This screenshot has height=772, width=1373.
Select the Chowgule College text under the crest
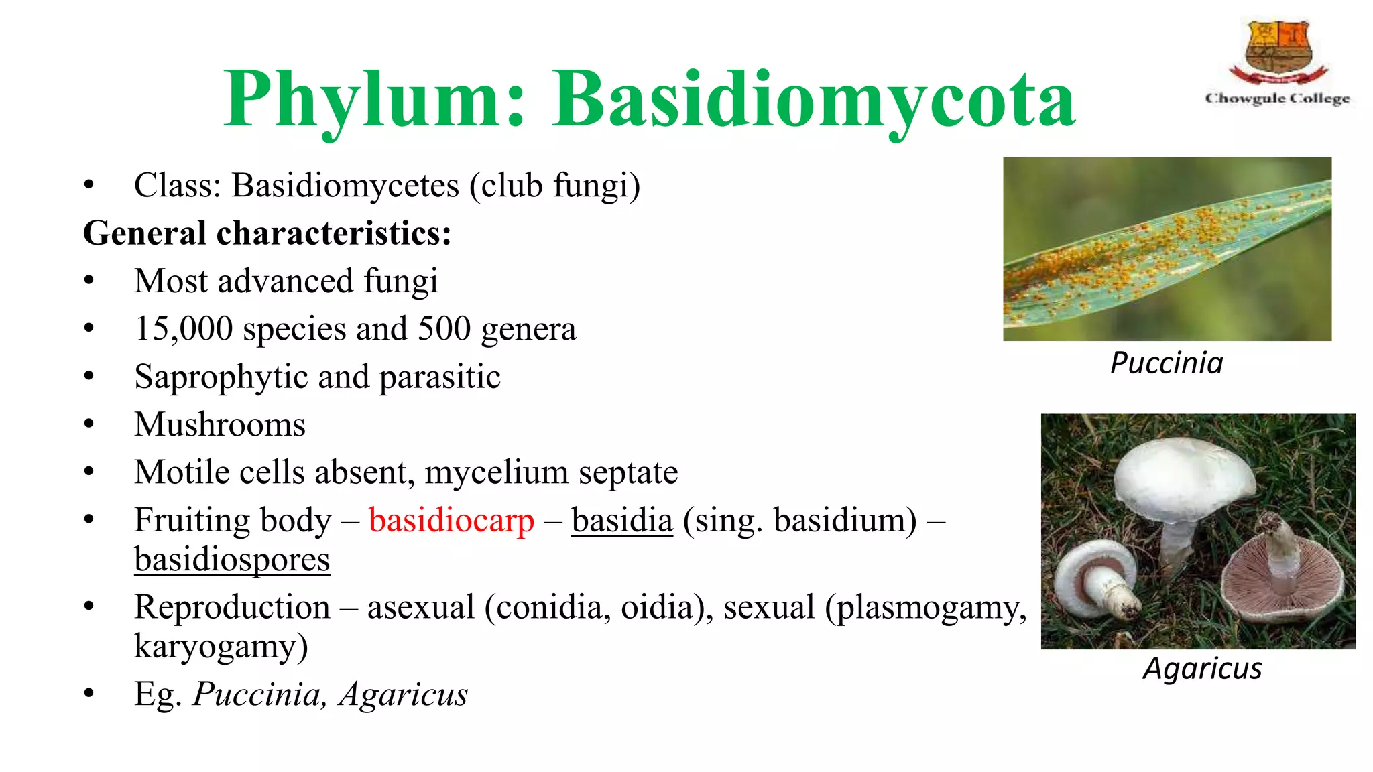[x=1277, y=99]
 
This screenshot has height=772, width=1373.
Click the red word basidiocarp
[x=451, y=521]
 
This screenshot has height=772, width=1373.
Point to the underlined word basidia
[x=621, y=521]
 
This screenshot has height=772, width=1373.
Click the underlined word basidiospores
[x=232, y=560]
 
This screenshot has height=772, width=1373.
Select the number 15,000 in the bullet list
[x=183, y=329]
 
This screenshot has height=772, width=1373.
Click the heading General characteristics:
[x=267, y=233]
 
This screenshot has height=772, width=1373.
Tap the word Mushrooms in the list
[x=219, y=425]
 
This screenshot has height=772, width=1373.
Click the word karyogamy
[x=221, y=647]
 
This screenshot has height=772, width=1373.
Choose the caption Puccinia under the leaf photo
[x=1167, y=363]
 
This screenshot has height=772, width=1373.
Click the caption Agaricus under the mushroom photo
[x=1202, y=669]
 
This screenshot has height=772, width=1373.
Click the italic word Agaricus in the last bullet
[x=403, y=695]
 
